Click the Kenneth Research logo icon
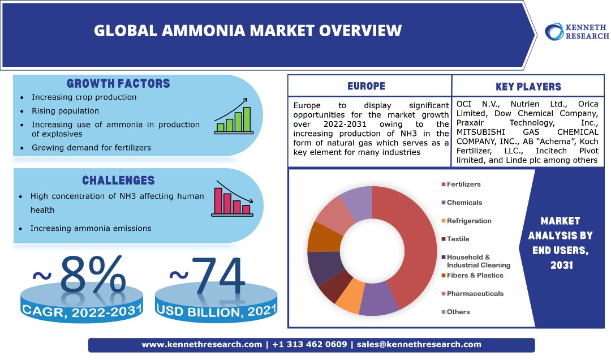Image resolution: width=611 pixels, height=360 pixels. point(554,32)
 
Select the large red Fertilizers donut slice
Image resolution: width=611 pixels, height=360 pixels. point(417,242)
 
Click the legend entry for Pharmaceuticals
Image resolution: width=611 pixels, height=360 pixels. point(472,294)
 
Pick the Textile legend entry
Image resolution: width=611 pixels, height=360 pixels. point(455,239)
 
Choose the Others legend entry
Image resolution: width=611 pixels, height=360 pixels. point(455,312)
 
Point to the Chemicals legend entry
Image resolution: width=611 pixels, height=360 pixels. point(462,203)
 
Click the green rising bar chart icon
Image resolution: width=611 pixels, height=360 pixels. point(234,116)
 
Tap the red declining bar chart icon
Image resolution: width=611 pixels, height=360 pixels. point(233,199)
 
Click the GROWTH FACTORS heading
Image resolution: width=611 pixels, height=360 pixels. point(118,83)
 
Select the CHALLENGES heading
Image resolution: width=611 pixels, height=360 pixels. point(118,180)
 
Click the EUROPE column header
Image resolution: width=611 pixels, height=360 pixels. point(366,86)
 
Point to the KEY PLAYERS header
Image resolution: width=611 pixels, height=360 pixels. point(528,87)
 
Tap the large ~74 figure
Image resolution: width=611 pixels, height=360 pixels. point(207,275)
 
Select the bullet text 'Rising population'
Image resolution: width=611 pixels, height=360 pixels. point(66,111)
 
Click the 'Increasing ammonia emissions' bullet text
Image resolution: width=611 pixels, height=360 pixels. point(91,228)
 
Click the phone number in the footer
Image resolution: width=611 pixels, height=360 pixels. point(309,344)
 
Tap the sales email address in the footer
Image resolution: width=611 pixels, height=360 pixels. point(419,344)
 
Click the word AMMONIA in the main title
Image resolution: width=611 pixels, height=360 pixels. point(203,31)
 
